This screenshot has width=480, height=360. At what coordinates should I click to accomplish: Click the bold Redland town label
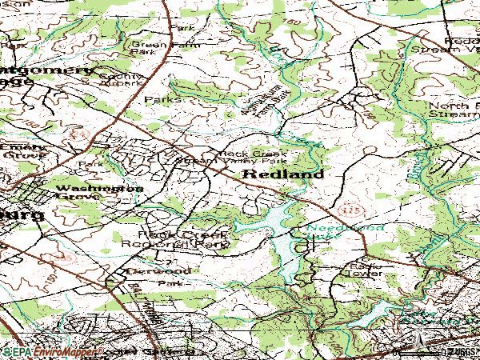[x=282, y=174]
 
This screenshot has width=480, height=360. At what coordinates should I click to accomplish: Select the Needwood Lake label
[x=334, y=233]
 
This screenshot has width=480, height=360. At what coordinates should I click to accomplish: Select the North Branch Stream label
[x=451, y=110]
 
